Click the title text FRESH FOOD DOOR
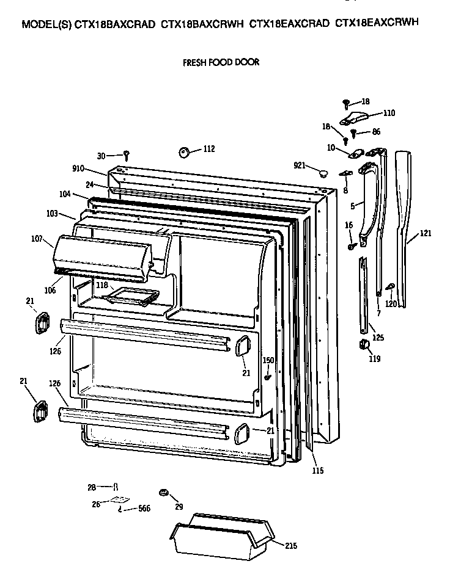[221, 62]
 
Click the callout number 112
[208, 148]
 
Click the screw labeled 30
[127, 154]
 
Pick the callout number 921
[299, 165]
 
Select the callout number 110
[388, 112]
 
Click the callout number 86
[376, 131]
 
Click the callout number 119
[374, 359]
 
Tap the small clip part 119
[364, 346]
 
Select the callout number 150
[268, 361]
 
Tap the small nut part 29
[163, 492]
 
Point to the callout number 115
[317, 470]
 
